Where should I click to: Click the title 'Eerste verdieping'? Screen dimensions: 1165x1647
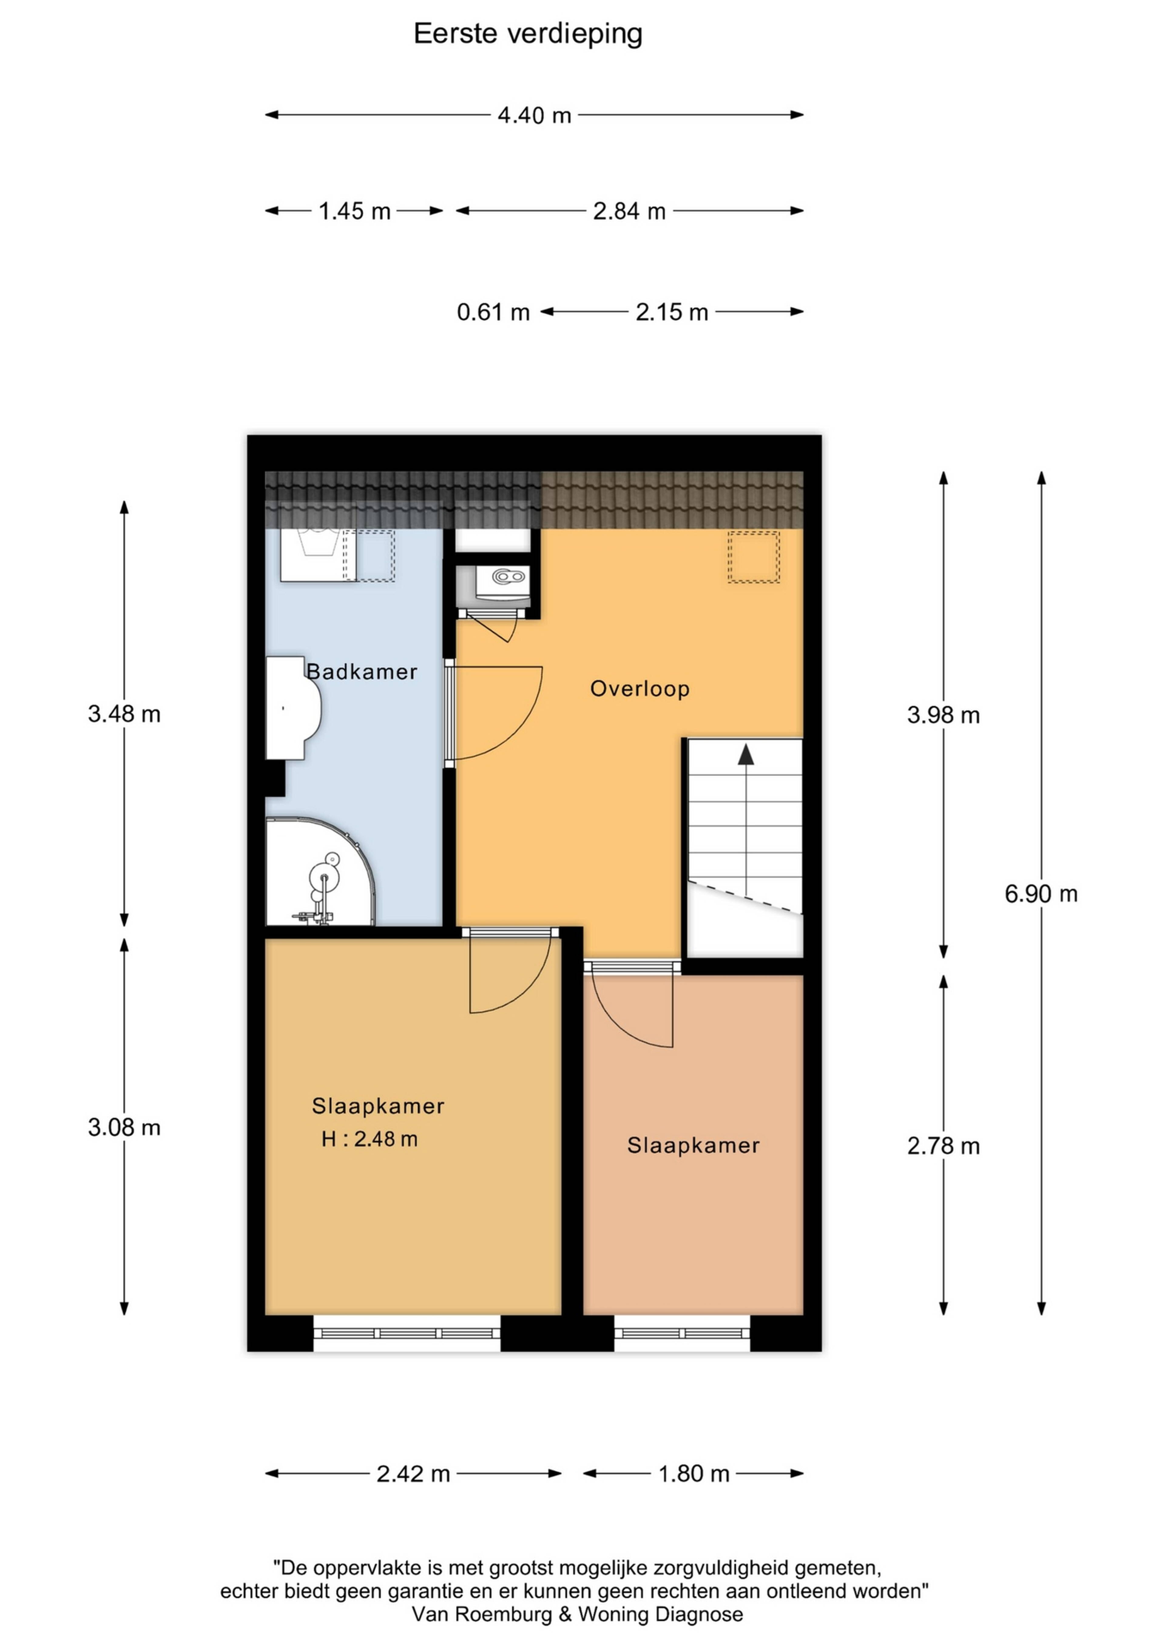(x=528, y=34)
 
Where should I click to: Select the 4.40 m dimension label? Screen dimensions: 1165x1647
(x=535, y=115)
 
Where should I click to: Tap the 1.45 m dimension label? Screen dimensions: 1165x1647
(x=354, y=211)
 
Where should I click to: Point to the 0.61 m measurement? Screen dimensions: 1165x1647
(x=494, y=312)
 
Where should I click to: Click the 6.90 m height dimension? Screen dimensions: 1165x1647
(x=1041, y=894)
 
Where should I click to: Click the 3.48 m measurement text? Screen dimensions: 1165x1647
(x=124, y=714)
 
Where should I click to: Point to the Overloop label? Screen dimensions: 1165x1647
(x=640, y=689)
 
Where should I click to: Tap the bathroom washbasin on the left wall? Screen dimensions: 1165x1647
(x=293, y=708)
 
